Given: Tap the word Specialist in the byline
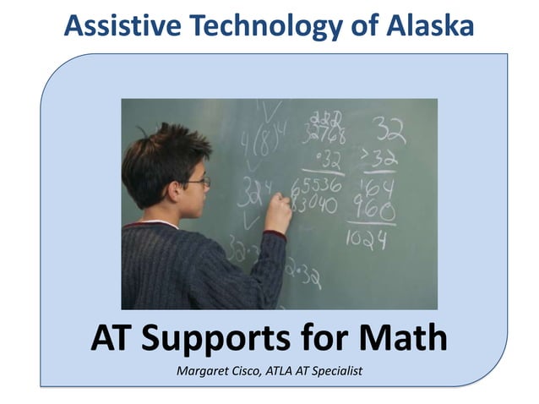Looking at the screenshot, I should coord(333,370).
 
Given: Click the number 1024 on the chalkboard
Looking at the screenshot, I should coord(366,241).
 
